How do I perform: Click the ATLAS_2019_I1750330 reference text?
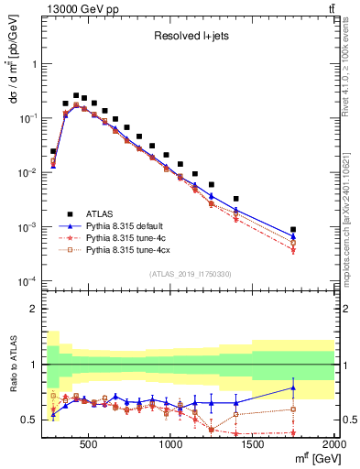pos(190,274)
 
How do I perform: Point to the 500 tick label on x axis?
pos(89,444)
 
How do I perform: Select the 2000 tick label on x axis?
pos(333,444)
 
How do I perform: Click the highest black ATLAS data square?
pos(76,94)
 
